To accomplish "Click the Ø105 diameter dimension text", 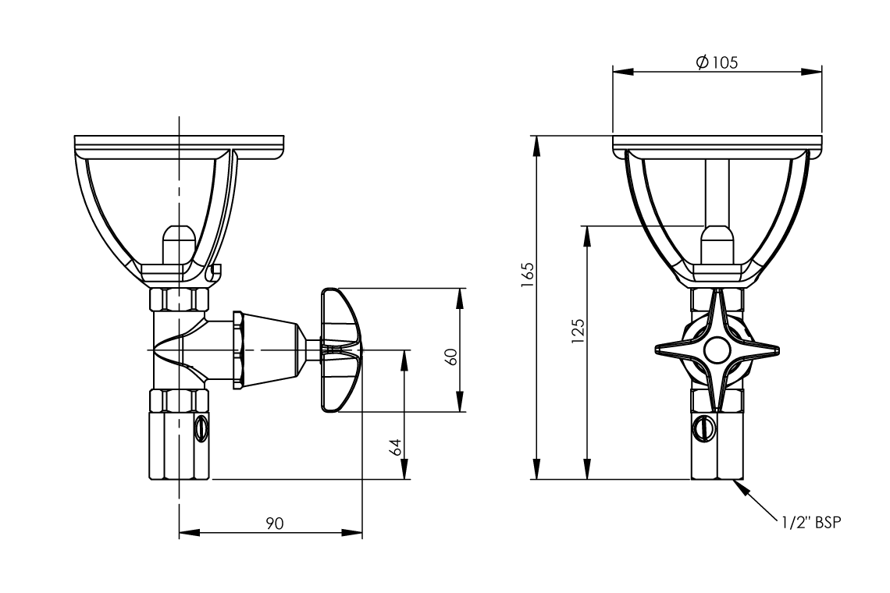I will pos(716,62).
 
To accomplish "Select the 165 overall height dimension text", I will pos(528,275).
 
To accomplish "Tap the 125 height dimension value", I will pos(578,331).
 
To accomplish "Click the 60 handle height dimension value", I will pos(450,356).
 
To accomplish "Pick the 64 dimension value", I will pos(396,447).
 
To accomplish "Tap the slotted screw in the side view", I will pos(202,428).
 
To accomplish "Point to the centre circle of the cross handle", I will pos(716,350).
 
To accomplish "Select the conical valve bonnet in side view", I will pos(269,350).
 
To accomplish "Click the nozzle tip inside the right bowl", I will pos(716,243).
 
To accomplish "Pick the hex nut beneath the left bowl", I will pos(179,300).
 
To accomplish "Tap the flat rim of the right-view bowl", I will pos(717,144).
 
